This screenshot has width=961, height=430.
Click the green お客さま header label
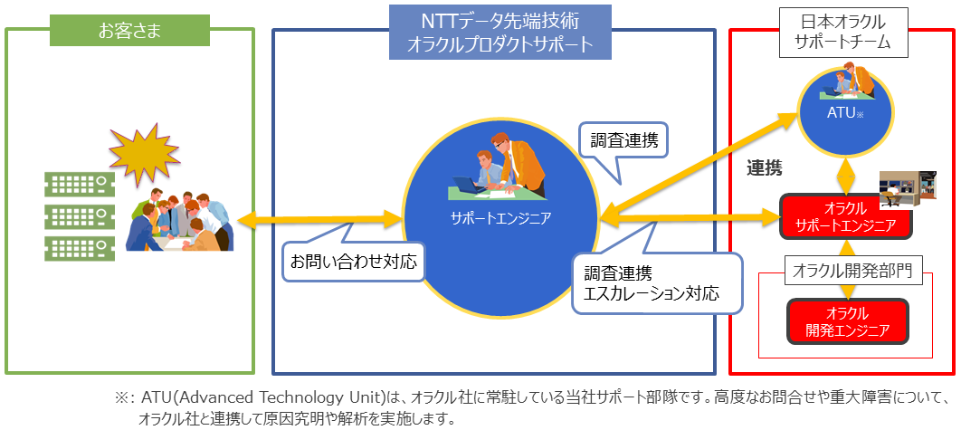pos(130,30)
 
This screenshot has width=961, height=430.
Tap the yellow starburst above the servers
pos(144,155)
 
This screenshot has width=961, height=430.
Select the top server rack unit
pos(80,182)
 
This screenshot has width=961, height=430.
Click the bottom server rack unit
pos(80,249)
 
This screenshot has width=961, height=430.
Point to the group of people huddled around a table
pos(180,220)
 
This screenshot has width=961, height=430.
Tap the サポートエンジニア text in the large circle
pos(500,216)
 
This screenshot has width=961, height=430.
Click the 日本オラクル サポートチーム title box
pos(843,32)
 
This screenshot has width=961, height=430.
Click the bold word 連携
pos(765,168)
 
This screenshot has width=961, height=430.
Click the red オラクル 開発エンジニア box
pos(848,320)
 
